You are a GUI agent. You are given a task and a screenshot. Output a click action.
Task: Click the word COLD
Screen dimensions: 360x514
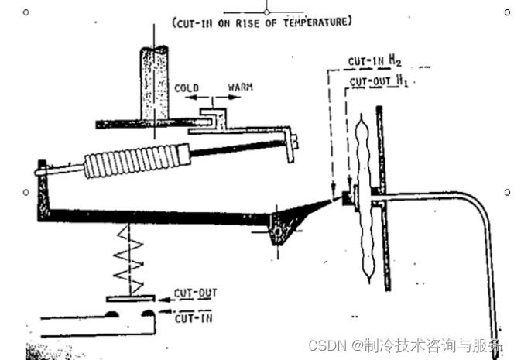[187, 87]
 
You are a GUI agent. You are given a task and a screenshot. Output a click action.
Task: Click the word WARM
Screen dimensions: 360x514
[240, 87]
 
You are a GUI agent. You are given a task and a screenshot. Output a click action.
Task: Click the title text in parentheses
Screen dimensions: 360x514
[262, 22]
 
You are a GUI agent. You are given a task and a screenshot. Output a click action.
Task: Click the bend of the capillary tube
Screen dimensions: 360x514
[481, 204]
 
